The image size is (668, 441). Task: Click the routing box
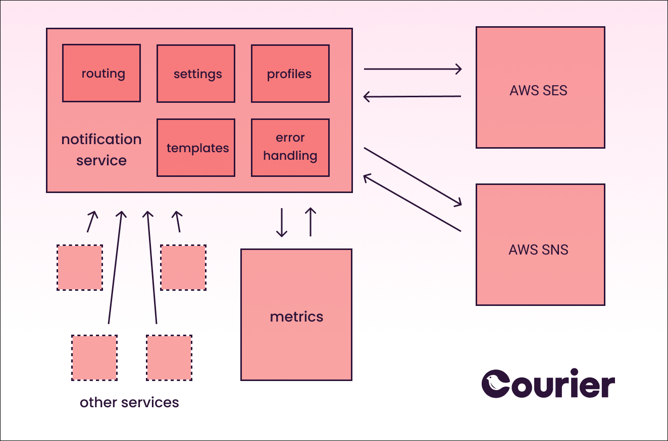(101, 73)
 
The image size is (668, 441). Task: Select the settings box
(196, 74)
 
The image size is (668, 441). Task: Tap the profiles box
(290, 74)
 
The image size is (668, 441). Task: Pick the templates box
(196, 148)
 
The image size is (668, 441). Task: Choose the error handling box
(290, 148)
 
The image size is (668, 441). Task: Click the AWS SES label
(539, 91)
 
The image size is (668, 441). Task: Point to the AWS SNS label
(539, 249)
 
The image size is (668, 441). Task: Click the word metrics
(296, 317)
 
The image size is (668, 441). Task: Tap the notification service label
(101, 150)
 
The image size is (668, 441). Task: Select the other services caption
(129, 403)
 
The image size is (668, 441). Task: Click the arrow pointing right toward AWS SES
(413, 69)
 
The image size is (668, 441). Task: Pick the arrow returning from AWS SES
(413, 96)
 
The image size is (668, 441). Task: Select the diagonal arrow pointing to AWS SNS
(413, 176)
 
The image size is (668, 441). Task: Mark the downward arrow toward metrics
(282, 222)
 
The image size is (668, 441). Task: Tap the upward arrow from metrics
(311, 222)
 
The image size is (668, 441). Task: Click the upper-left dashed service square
(80, 268)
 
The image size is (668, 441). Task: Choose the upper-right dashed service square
(183, 268)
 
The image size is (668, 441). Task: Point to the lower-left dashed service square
(94, 358)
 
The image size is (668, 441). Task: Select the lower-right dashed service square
(169, 358)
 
